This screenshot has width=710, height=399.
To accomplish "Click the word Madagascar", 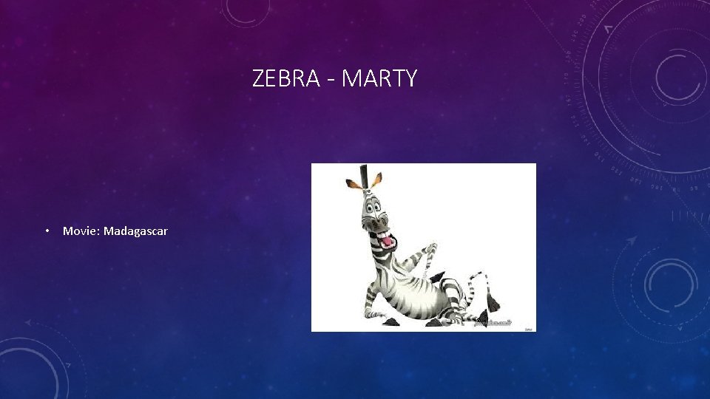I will click(135, 231).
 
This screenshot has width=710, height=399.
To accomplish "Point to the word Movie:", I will click(81, 231).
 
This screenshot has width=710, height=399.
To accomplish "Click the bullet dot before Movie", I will click(46, 231).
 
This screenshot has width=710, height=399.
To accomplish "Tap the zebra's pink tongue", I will click(385, 240).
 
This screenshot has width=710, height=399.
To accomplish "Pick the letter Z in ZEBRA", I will click(258, 78).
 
